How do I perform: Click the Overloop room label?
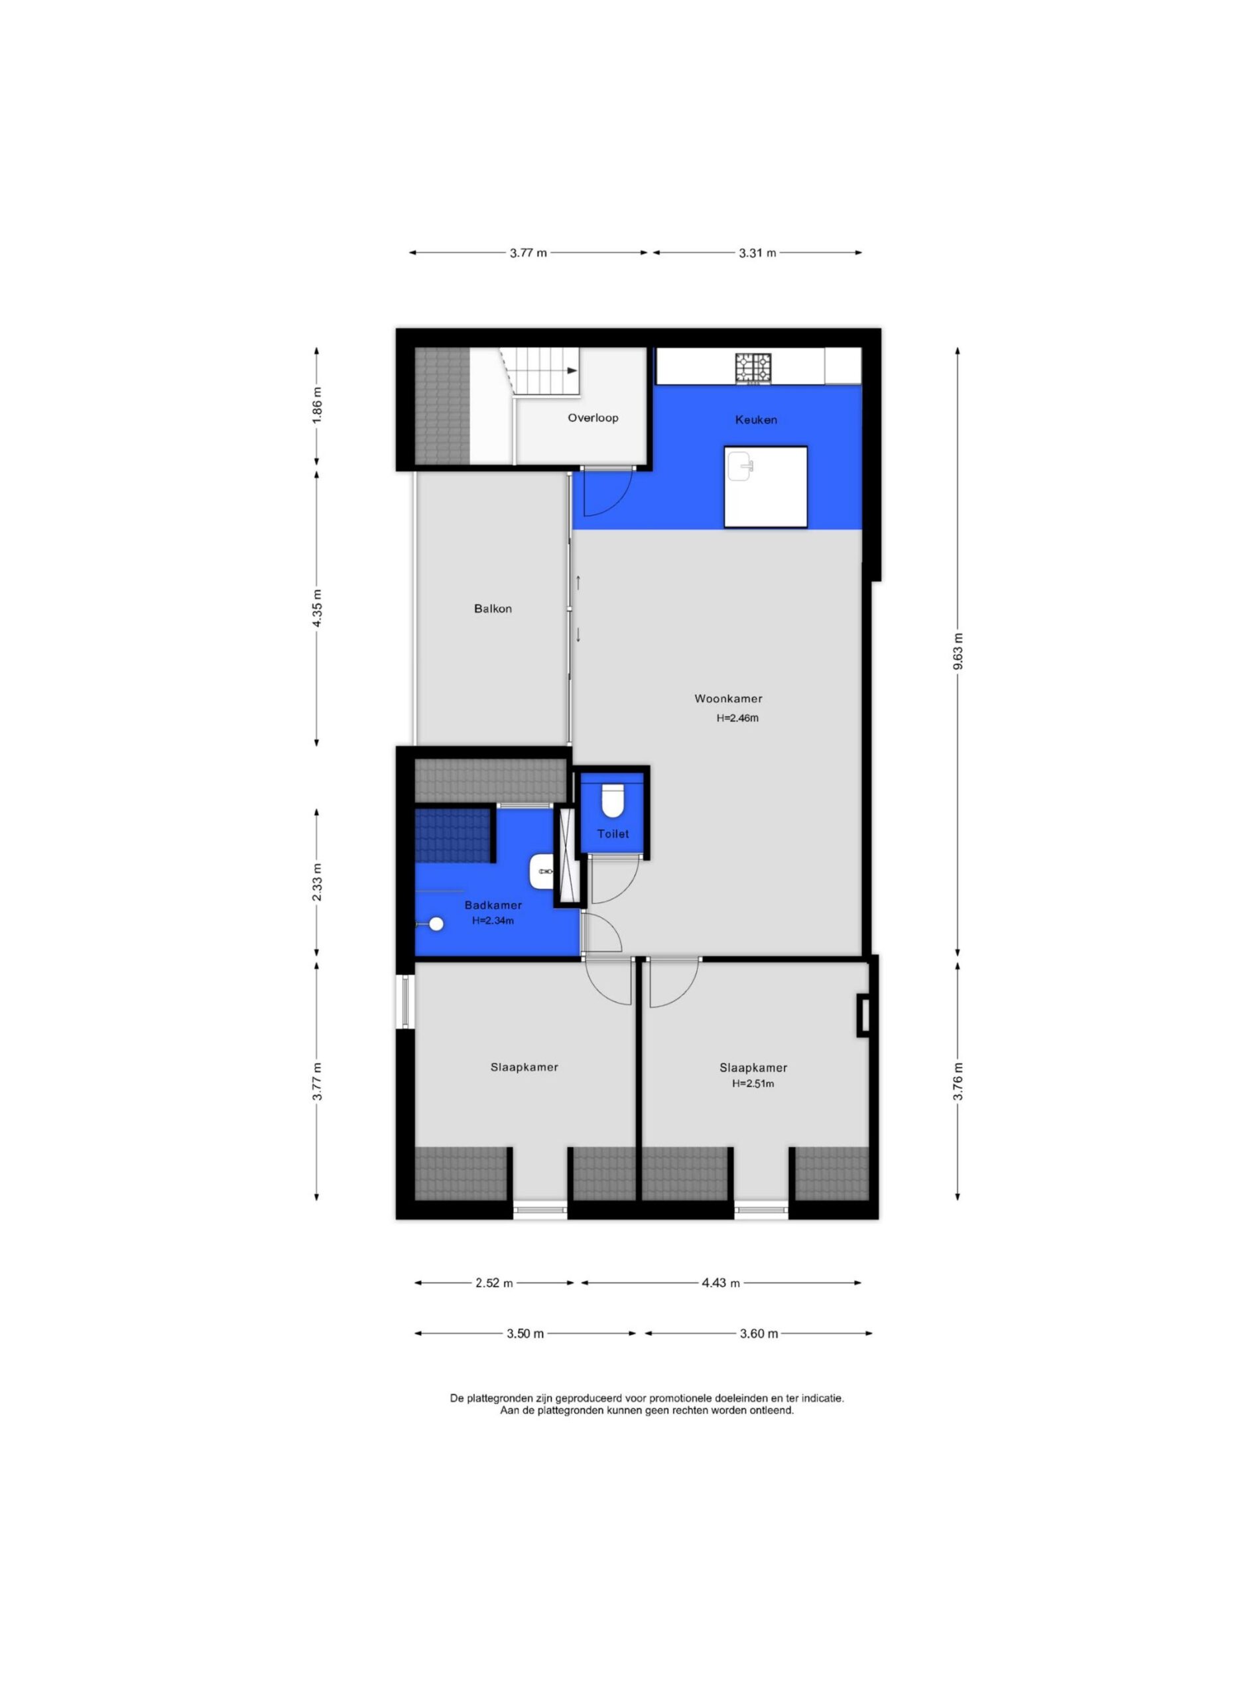[593, 417]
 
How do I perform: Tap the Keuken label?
[756, 419]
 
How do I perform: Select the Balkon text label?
[493, 609]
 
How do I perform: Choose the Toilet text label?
[613, 834]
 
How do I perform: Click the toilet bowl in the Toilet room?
[613, 801]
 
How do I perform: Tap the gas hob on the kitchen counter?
[754, 368]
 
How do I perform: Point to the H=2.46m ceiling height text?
[737, 718]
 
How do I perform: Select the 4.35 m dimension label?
[317, 607]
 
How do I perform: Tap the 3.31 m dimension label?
[757, 253]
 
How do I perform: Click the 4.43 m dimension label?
[721, 1283]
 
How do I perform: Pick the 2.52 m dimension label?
[494, 1283]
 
